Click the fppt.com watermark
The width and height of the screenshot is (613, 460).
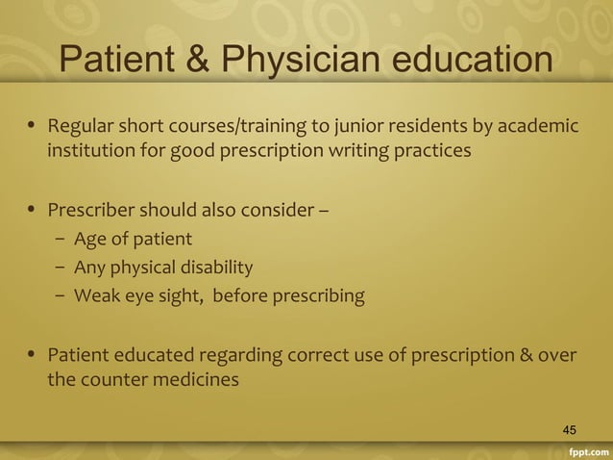click(x=586, y=449)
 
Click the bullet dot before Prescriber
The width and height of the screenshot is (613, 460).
click(x=31, y=205)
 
